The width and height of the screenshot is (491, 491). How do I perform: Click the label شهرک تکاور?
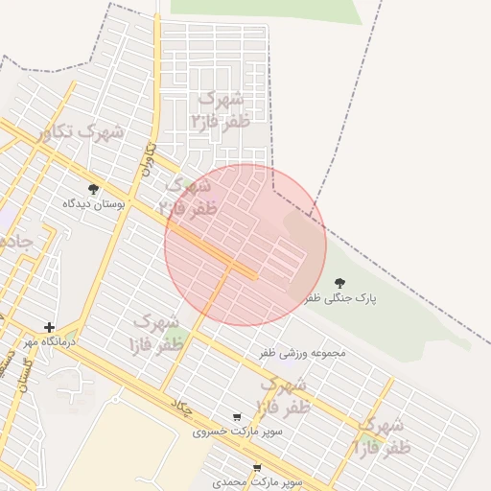pos(82,132)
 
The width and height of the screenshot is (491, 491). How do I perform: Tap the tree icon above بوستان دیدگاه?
pos(93,189)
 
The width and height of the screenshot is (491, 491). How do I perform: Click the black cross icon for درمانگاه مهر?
pos(50,327)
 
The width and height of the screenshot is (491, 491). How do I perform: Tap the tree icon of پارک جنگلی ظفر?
pos(339,283)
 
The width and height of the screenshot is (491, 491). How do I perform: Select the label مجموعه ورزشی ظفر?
pos(302,353)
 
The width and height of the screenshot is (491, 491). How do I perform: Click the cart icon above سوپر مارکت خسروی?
pos(237,417)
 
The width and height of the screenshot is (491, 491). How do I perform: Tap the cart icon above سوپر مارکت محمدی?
pos(256,467)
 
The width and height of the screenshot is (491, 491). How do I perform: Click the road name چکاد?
pos(181,407)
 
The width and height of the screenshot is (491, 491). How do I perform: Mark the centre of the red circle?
pos(245,245)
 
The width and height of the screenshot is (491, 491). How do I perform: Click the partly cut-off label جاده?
pos(13,239)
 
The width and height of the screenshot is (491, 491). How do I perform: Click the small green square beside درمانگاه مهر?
pos(71,336)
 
